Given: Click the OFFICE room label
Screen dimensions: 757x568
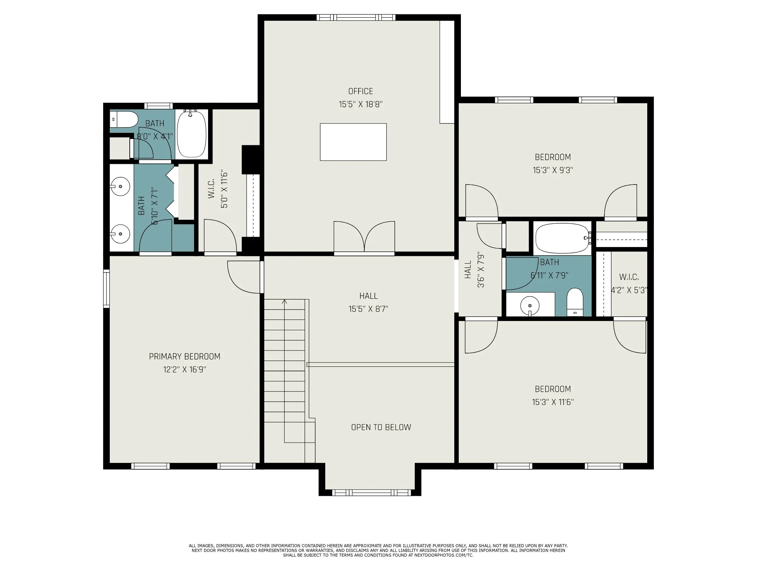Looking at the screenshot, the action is [x=360, y=91].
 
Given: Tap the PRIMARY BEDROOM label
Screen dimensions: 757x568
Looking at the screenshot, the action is [x=184, y=356].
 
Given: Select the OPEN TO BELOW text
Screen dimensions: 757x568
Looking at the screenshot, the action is [x=381, y=427].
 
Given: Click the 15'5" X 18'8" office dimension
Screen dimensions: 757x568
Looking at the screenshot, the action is [x=360, y=104].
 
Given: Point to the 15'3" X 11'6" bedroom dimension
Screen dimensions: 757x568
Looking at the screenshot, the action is [x=553, y=402].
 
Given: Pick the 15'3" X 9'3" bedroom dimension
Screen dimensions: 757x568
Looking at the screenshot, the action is [x=553, y=170].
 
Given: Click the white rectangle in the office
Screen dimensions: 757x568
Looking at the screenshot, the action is [x=353, y=142].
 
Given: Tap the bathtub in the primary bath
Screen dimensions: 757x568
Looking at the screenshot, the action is [x=191, y=134].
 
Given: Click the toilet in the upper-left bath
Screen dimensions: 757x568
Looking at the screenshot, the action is [x=124, y=119].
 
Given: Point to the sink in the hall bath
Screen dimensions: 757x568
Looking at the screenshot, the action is [x=530, y=306].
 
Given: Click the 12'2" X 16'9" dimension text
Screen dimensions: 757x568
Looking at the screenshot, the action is [x=184, y=370].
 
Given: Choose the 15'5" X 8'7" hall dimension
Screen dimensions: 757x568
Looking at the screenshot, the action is [x=368, y=309].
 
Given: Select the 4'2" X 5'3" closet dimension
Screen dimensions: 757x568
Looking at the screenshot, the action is [x=629, y=290].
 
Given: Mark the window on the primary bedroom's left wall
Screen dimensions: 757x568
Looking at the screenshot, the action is [x=106, y=289].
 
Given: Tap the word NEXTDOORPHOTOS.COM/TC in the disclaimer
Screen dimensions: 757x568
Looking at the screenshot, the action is [x=444, y=565].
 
